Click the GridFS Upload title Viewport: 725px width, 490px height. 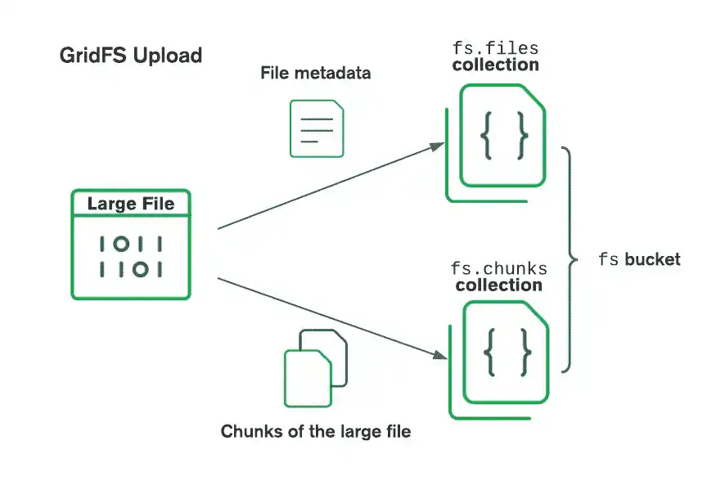[131, 56]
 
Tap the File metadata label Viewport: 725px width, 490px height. [315, 73]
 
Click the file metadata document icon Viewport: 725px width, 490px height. [317, 128]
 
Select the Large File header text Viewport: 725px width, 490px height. [131, 204]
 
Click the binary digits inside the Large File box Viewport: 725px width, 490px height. [131, 256]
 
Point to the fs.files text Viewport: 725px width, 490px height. [495, 47]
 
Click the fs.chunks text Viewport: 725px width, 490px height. [498, 268]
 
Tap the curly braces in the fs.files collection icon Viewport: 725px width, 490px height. [503, 135]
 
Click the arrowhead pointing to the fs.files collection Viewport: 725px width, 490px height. [438, 147]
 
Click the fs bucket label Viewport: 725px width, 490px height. [639, 260]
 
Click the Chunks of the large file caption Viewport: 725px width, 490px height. [315, 431]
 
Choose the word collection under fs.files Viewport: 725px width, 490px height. [495, 65]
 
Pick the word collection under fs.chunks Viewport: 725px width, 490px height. [498, 285]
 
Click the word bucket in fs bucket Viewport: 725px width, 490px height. [652, 260]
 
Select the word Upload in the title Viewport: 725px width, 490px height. [169, 56]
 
